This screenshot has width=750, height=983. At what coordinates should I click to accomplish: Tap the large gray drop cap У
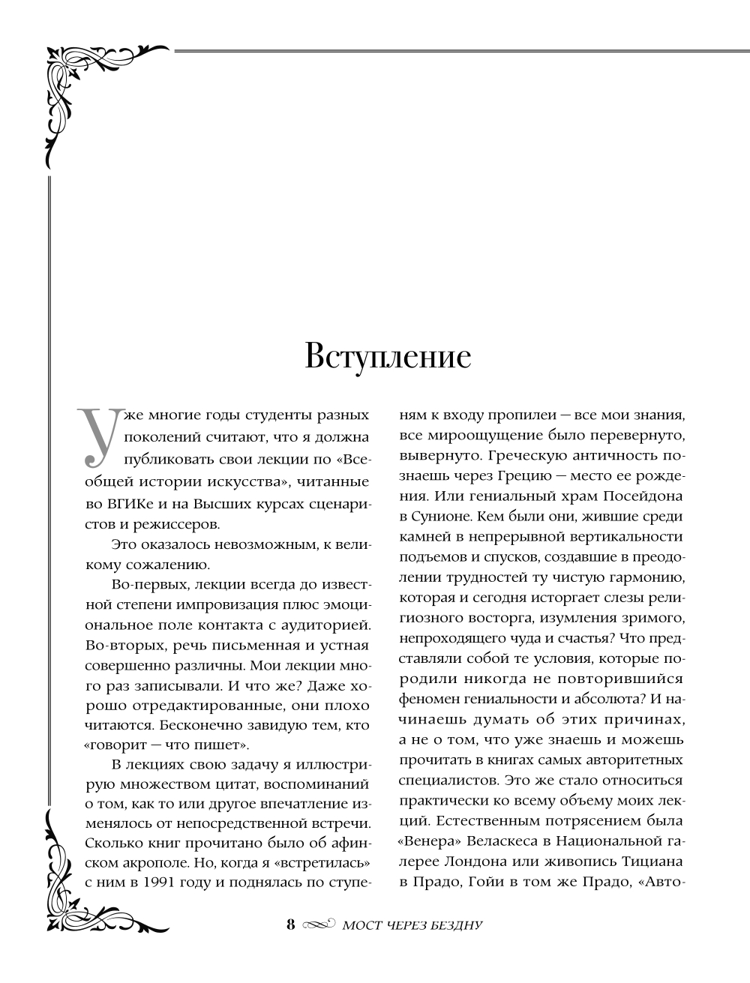[95, 435]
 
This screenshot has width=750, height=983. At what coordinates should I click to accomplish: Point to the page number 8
[291, 924]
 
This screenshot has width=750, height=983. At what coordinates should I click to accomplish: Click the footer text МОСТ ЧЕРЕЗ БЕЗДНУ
[411, 925]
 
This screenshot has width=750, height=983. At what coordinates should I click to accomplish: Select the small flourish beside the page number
[318, 925]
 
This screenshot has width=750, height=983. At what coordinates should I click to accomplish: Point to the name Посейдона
[646, 496]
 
